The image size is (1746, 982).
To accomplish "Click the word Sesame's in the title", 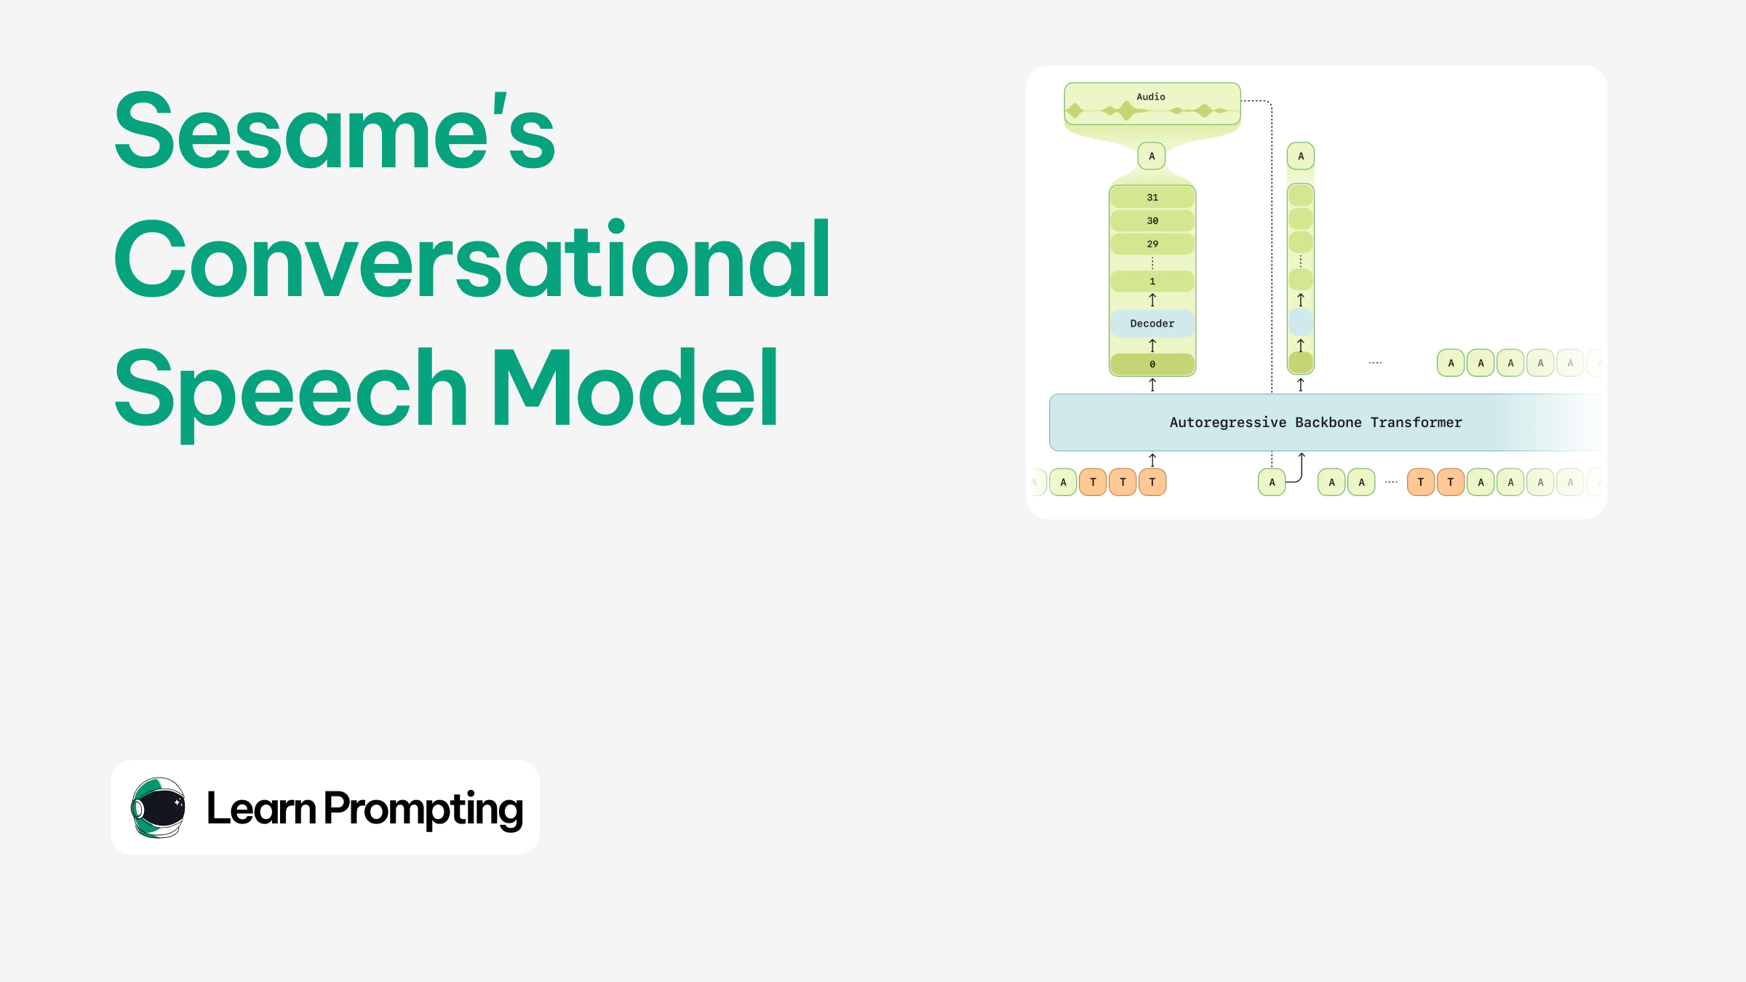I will coord(335,131).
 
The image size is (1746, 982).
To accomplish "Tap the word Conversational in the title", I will coord(471,260).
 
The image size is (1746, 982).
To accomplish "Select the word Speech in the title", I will coord(291,389).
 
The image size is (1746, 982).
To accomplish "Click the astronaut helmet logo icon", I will coord(159,807).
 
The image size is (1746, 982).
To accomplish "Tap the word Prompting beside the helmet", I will coord(423,808).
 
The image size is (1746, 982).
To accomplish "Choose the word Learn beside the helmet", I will coord(261,808).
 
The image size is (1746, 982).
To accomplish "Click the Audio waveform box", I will coord(1152,103).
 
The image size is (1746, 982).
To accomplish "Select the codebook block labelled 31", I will coord(1152,197).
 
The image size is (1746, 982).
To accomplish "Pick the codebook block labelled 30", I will coord(1152,220).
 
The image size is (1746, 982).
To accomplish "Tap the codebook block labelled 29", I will coord(1152,244).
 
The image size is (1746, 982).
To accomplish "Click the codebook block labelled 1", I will coord(1152,282).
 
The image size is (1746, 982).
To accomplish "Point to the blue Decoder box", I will coord(1152,324).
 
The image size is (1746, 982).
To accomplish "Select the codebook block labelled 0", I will coord(1152,364).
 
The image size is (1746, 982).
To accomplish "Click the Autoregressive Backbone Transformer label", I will coord(1315,423).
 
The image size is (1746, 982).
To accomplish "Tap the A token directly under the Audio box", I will coord(1152,156).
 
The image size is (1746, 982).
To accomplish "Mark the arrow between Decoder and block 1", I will coord(1152,300).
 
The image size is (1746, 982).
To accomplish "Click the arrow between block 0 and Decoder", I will coord(1152,346).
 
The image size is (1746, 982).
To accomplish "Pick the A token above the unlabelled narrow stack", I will coord(1301,156).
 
